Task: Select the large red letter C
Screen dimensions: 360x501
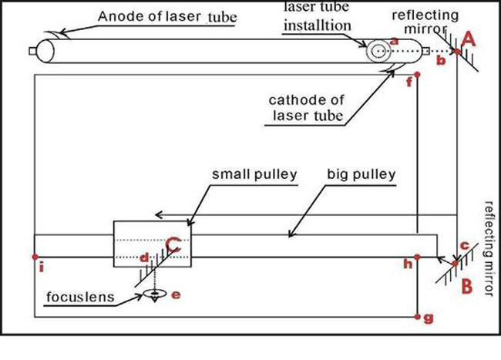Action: pyautogui.click(x=174, y=245)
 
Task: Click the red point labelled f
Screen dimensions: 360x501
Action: pyautogui.click(x=417, y=75)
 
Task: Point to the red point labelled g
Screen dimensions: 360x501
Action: pyautogui.click(x=417, y=316)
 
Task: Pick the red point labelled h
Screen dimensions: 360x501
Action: pyautogui.click(x=417, y=257)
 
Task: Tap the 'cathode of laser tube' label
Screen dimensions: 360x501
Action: pyautogui.click(x=305, y=109)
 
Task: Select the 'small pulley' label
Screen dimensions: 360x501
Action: pyautogui.click(x=254, y=175)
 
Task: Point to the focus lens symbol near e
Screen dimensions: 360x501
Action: pyautogui.click(x=156, y=294)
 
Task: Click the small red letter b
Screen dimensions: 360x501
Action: pyautogui.click(x=440, y=59)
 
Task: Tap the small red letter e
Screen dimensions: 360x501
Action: pyautogui.click(x=175, y=295)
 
